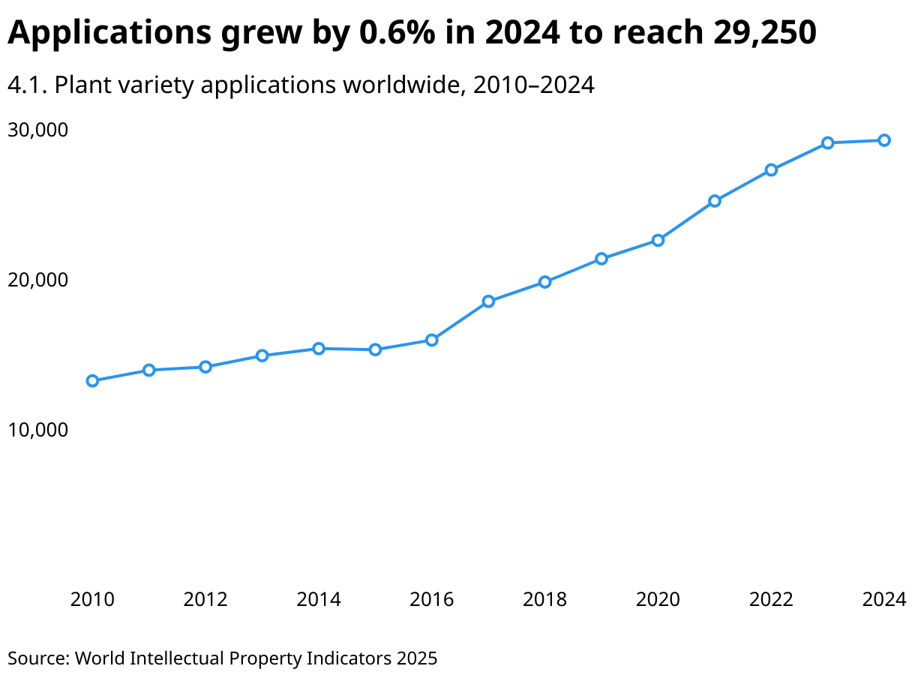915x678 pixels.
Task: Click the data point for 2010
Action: pos(92,381)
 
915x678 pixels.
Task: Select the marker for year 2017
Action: pos(488,301)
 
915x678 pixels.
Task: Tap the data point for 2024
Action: pos(884,140)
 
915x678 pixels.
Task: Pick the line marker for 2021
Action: pos(715,201)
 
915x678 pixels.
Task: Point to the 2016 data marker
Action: pos(432,340)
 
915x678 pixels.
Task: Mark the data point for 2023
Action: pos(827,142)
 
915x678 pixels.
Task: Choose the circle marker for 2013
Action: pos(262,355)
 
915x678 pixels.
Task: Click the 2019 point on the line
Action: pos(601,259)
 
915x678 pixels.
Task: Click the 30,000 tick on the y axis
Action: pos(37,130)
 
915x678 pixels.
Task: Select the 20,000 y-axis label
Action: pos(37,280)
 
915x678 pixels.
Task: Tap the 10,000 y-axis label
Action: pos(37,430)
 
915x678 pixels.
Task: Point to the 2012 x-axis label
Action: pos(205,600)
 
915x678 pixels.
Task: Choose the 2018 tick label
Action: pos(544,600)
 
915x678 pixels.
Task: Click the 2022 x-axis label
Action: pos(771,600)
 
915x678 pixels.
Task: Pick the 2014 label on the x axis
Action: pos(319,600)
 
